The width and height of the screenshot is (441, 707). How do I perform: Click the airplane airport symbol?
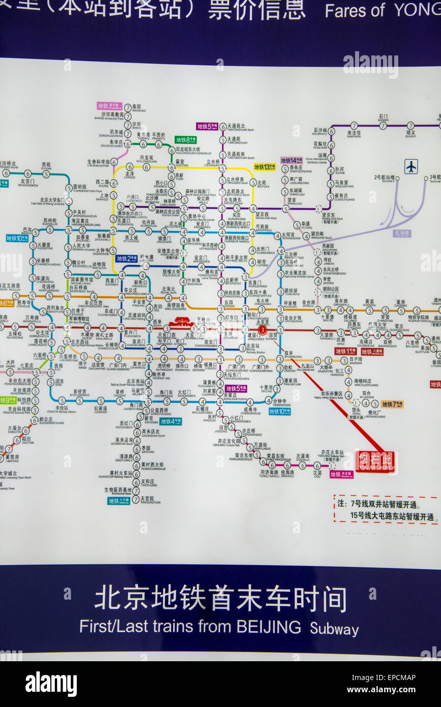pyautogui.click(x=411, y=166)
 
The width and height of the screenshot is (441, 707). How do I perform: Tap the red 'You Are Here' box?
pyautogui.click(x=375, y=462)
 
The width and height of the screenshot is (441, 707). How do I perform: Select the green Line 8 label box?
pyautogui.click(x=186, y=140)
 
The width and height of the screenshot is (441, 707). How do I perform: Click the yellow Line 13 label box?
pyautogui.click(x=264, y=167)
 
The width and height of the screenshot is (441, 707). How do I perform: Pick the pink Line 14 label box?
pyautogui.click(x=291, y=160)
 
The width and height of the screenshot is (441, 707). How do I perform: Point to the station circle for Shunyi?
pyautogui.click(x=410, y=126)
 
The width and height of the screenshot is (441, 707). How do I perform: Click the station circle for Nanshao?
pyautogui.click(x=128, y=108)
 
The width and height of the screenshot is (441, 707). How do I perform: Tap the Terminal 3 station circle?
pyautogui.click(x=426, y=179)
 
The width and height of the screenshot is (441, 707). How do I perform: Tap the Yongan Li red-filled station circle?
pyautogui.click(x=262, y=330)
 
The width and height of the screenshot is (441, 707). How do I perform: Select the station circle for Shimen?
pyautogui.click(x=383, y=126)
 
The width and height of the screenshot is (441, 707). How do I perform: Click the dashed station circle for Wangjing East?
pyautogui.click(x=318, y=209)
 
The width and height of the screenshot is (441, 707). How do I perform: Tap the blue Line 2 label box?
pyautogui.click(x=126, y=258)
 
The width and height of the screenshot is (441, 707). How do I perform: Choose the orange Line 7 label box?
pyautogui.click(x=392, y=404)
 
